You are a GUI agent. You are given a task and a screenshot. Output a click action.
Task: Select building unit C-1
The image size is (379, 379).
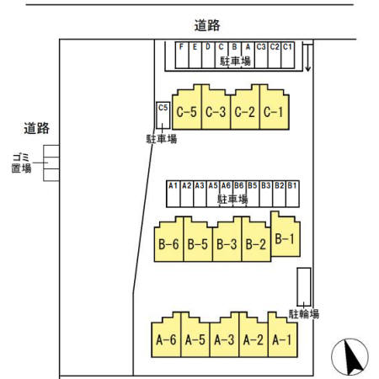271,112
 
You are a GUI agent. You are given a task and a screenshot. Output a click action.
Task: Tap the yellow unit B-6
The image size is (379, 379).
168,244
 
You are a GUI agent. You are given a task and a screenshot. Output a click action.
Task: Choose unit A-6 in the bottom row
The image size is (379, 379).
165,339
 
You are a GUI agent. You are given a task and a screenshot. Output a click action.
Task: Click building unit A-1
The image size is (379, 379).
281,339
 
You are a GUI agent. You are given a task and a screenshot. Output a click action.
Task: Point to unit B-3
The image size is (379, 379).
227,244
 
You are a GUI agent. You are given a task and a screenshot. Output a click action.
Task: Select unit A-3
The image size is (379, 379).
223,339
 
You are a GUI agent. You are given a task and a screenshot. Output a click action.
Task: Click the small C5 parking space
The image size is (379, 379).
163,115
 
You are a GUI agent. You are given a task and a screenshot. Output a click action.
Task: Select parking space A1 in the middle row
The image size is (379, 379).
173,190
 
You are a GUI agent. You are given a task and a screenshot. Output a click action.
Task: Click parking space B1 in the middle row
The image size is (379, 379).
292,190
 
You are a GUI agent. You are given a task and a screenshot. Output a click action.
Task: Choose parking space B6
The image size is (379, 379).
239,190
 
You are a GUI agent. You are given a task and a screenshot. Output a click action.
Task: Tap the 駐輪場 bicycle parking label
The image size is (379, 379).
304,313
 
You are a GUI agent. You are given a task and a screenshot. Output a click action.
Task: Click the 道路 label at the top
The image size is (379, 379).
206,26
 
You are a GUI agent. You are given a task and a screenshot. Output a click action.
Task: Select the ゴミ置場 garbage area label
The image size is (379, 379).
21,163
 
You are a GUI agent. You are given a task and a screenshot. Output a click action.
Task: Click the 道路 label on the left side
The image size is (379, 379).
37,128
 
